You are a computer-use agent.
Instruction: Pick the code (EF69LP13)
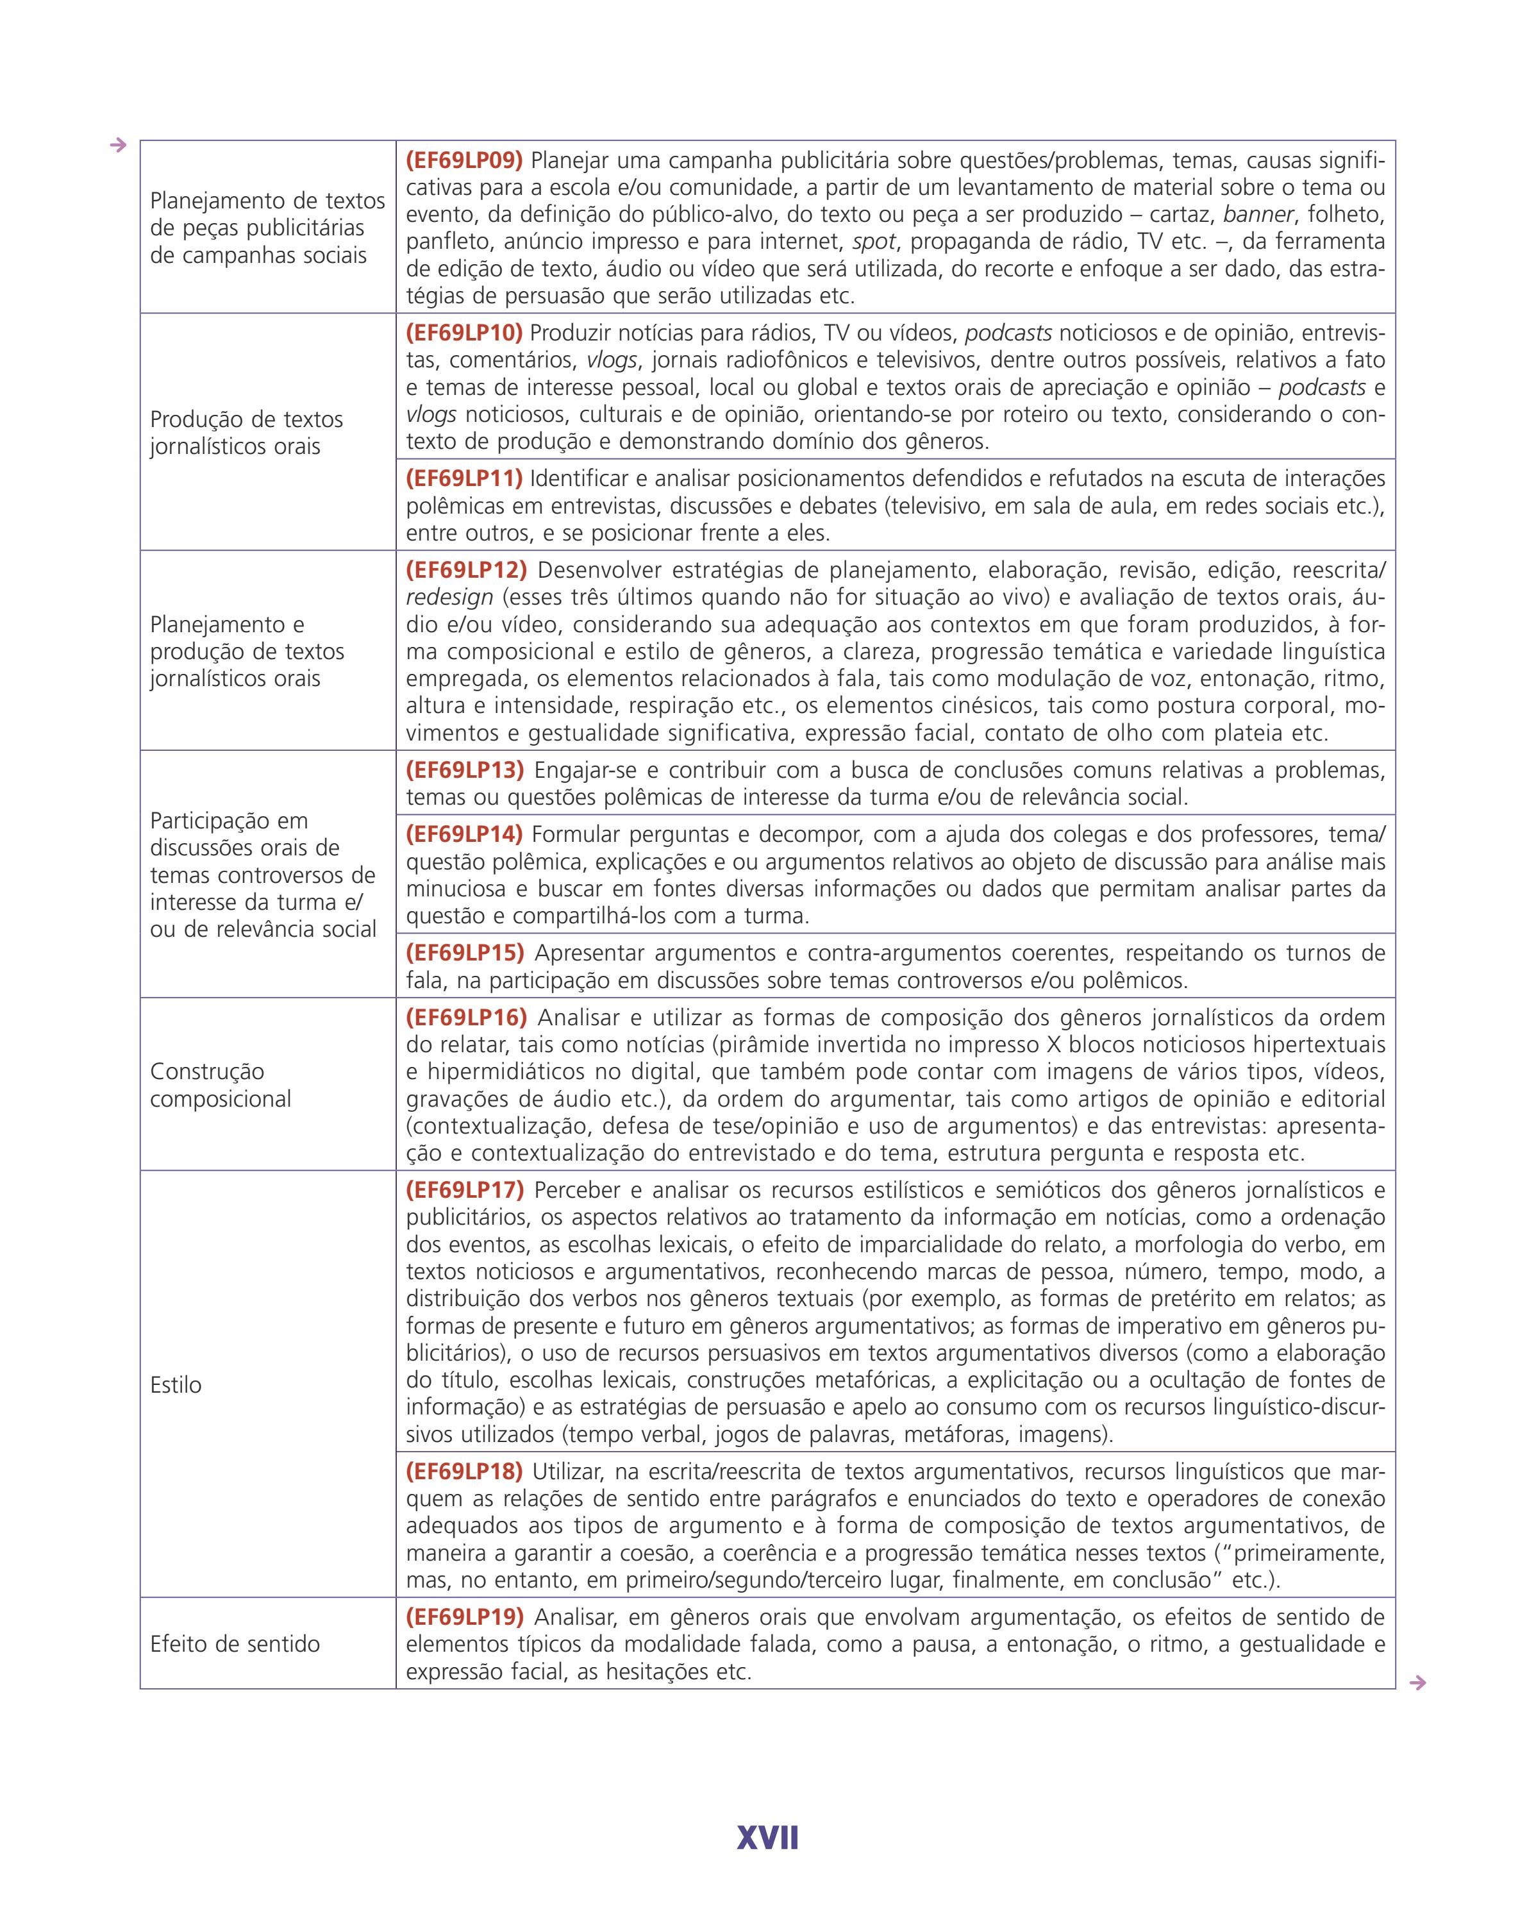tap(465, 770)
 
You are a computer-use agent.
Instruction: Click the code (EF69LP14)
tap(464, 835)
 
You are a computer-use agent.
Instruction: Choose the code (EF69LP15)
tap(465, 952)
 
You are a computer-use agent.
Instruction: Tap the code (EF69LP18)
tap(464, 1471)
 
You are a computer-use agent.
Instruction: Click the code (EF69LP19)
tap(465, 1616)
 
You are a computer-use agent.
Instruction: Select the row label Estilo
tap(176, 1384)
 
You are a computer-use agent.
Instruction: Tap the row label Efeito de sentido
tap(235, 1644)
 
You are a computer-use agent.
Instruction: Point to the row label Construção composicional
tap(220, 1086)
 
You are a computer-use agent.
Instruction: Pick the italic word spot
tap(873, 242)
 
